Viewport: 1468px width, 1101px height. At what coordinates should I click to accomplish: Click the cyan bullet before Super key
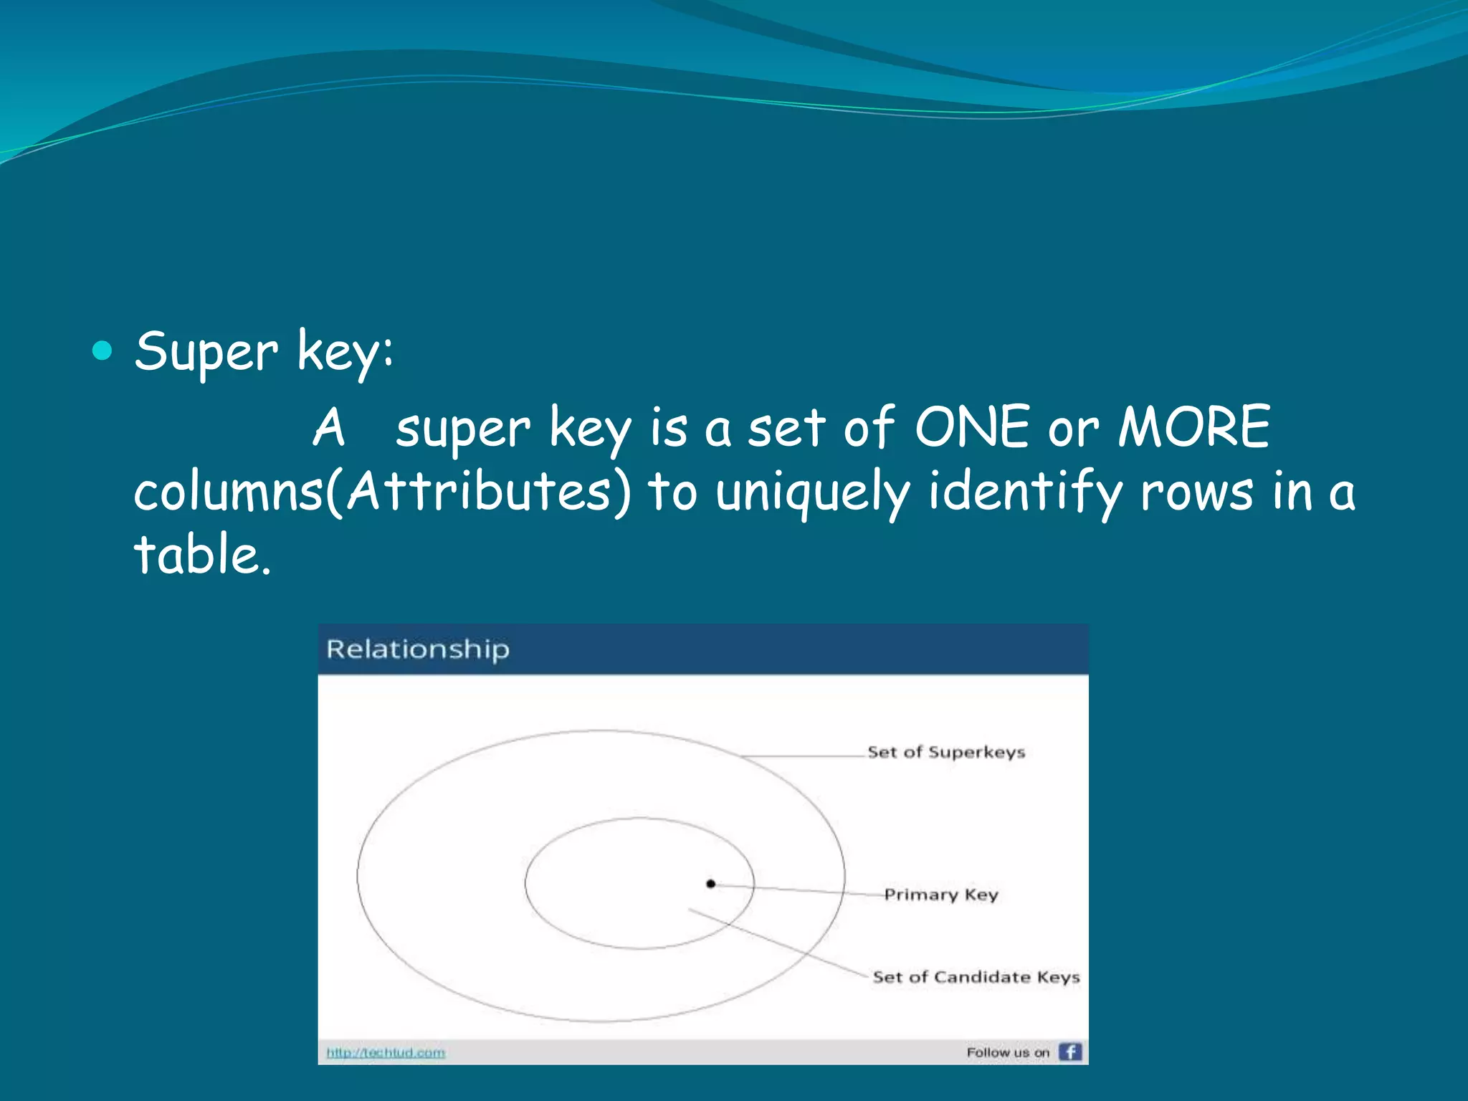(x=103, y=351)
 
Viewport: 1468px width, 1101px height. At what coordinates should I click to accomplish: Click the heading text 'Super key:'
(x=264, y=352)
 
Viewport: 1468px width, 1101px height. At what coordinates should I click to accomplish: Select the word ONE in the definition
(x=973, y=427)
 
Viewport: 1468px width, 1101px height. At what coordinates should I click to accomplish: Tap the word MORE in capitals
(x=1195, y=427)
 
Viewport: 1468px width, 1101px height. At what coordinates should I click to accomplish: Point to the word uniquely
(x=813, y=493)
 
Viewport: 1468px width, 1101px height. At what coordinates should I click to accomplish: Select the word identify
(x=1025, y=493)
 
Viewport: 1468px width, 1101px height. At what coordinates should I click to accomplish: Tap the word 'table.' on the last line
(x=203, y=555)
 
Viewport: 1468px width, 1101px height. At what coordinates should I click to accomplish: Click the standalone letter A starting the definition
(x=329, y=427)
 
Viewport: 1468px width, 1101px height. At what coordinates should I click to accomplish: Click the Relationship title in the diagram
(x=418, y=649)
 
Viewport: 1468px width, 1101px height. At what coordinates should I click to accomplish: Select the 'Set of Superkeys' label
(x=946, y=752)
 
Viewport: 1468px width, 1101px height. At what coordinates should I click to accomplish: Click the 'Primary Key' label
(x=940, y=895)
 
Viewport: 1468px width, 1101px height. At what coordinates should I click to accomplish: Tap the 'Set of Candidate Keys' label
(x=976, y=977)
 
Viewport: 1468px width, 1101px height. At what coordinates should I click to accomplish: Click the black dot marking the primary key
(x=711, y=884)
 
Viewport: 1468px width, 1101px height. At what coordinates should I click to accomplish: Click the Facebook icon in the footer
(x=1070, y=1052)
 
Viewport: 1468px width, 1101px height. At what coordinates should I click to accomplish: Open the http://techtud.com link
(x=386, y=1052)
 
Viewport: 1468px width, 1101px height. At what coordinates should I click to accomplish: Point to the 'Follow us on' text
(x=1007, y=1052)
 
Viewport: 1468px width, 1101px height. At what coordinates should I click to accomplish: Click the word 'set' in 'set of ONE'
(x=786, y=429)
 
